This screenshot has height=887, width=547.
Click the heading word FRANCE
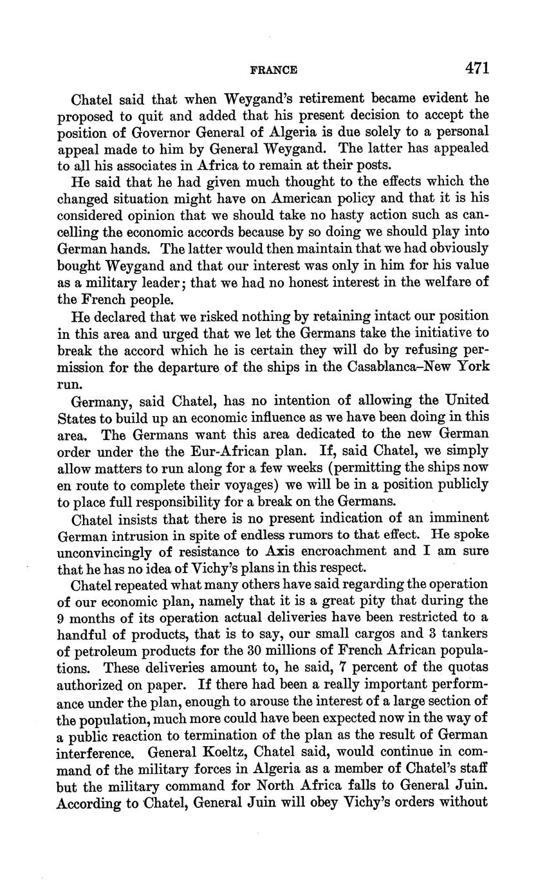[273, 70]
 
